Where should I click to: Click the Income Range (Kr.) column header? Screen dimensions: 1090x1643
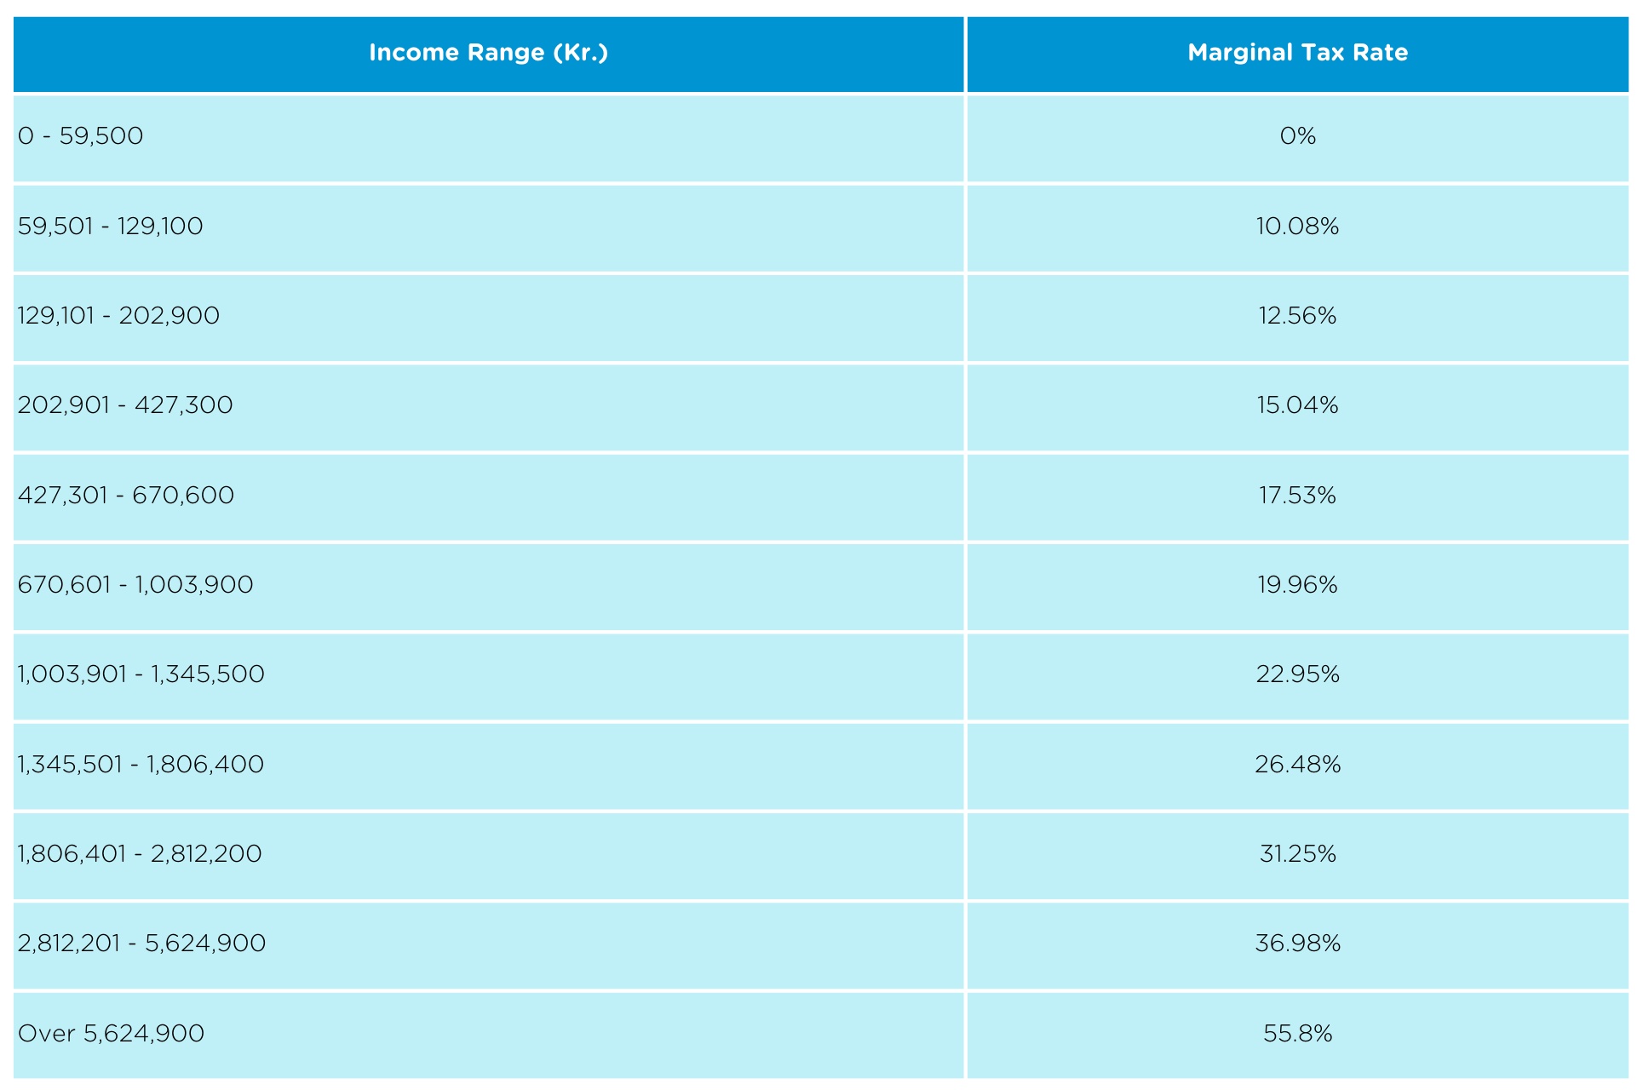pyautogui.click(x=488, y=53)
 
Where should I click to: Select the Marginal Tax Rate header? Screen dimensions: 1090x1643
pyautogui.click(x=1297, y=53)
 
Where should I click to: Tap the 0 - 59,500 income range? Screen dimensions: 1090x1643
pyautogui.click(x=81, y=136)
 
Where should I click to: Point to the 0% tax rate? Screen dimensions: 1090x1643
pyautogui.click(x=1297, y=136)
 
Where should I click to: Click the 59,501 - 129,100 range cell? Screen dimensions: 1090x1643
pyautogui.click(x=111, y=227)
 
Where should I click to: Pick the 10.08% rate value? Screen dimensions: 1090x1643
pyautogui.click(x=1297, y=227)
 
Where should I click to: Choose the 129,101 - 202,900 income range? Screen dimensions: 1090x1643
pyautogui.click(x=118, y=316)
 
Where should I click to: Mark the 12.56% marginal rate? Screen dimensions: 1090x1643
pyautogui.click(x=1297, y=316)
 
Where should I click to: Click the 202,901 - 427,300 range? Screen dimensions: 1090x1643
pyautogui.click(x=125, y=405)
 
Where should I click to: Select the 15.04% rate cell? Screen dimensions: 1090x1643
pyautogui.click(x=1297, y=405)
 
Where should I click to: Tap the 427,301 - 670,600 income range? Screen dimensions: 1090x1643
pyautogui.click(x=126, y=496)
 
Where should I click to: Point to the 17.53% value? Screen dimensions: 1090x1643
pyautogui.click(x=1297, y=496)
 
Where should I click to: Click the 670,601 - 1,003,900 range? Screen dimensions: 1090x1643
pyautogui.click(x=135, y=585)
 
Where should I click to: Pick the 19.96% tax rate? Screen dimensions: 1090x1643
pyautogui.click(x=1297, y=585)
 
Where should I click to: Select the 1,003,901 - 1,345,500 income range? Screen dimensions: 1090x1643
pyautogui.click(x=141, y=674)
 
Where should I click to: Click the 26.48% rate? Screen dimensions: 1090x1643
pyautogui.click(x=1297, y=765)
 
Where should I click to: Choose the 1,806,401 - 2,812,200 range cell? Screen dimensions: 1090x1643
pyautogui.click(x=140, y=854)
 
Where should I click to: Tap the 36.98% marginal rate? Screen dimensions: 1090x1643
pyautogui.click(x=1297, y=944)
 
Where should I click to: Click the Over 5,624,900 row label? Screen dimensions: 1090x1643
pyautogui.click(x=112, y=1034)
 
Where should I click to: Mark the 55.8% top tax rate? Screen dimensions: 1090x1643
pyautogui.click(x=1297, y=1034)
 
